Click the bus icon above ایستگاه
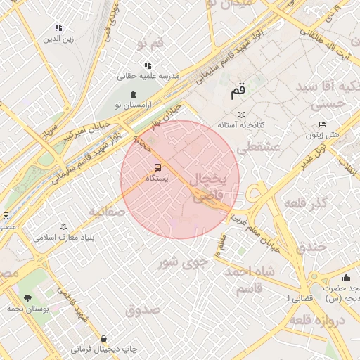(x=157, y=167)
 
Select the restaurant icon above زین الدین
(x=58, y=27)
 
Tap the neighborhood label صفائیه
(x=106, y=211)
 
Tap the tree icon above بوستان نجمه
(x=28, y=298)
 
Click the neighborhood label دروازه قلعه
(x=320, y=321)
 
